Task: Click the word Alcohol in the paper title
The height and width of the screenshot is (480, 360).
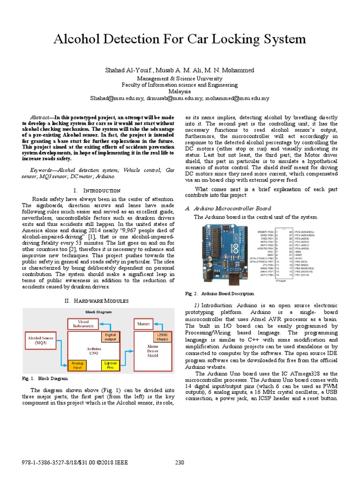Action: (79, 39)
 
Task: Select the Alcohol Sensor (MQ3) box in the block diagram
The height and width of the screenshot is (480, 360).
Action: (41, 340)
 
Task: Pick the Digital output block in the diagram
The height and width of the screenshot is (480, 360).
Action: (110, 337)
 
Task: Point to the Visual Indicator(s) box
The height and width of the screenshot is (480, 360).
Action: (83, 323)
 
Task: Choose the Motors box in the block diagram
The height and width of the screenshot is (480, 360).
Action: (143, 323)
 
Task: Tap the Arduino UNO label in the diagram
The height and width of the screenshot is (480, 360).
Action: (92, 351)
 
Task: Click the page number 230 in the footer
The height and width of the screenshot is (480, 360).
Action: (180, 463)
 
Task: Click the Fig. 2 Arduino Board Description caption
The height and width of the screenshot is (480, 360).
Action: (220, 293)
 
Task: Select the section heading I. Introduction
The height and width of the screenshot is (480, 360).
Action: (97, 190)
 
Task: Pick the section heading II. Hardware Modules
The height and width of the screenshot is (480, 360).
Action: (97, 300)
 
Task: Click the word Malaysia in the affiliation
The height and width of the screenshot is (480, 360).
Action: (180, 91)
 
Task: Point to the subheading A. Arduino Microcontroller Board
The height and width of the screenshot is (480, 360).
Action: (228, 208)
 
